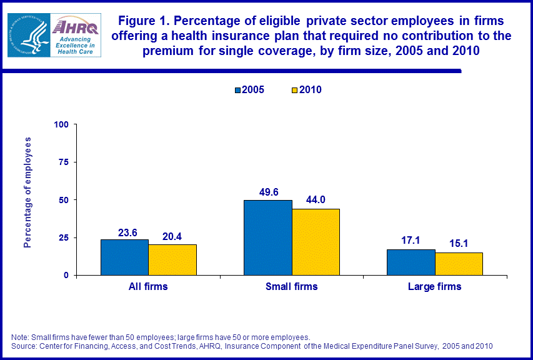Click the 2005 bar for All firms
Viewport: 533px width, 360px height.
(x=124, y=257)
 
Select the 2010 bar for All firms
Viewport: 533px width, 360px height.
(x=172, y=259)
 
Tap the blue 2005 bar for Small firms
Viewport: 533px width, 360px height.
(x=267, y=237)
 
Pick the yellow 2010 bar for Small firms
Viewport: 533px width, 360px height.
(x=316, y=242)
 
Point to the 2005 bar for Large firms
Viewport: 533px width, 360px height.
(x=411, y=262)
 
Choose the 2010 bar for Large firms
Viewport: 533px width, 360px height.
(x=459, y=264)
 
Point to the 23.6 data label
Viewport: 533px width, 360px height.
(x=128, y=232)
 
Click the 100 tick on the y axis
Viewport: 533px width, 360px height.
(x=61, y=124)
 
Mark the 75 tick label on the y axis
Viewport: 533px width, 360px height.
(x=64, y=162)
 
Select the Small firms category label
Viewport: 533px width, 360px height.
(x=292, y=287)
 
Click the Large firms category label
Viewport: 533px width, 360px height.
(x=435, y=287)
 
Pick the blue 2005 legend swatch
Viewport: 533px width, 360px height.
(x=238, y=91)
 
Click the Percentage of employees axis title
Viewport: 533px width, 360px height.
(x=27, y=192)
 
